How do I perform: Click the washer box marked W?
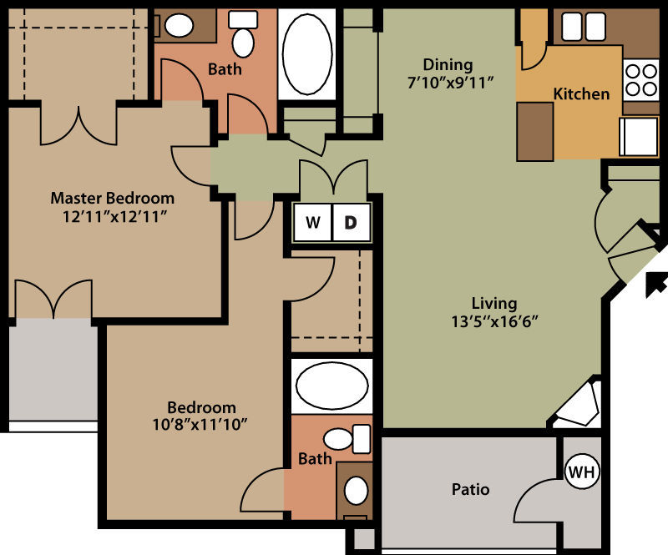(x=312, y=222)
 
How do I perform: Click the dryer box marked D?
(x=351, y=222)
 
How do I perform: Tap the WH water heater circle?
(x=582, y=472)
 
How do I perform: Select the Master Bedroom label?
(x=113, y=198)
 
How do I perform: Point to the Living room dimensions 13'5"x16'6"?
(x=494, y=321)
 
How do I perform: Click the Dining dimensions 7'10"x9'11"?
(x=450, y=82)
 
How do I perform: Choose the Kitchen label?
(x=581, y=93)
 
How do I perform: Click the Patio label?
(x=470, y=489)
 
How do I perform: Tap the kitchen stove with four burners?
(x=641, y=80)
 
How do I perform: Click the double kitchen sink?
(x=584, y=27)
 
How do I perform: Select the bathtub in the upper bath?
(x=307, y=54)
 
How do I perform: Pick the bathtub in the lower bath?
(x=331, y=386)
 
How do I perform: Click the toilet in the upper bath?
(x=243, y=34)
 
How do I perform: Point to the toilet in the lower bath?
(x=347, y=439)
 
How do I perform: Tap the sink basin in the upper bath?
(x=179, y=26)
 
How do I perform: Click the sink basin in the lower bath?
(x=356, y=491)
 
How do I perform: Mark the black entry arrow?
(x=655, y=285)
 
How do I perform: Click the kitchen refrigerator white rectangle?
(x=638, y=136)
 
